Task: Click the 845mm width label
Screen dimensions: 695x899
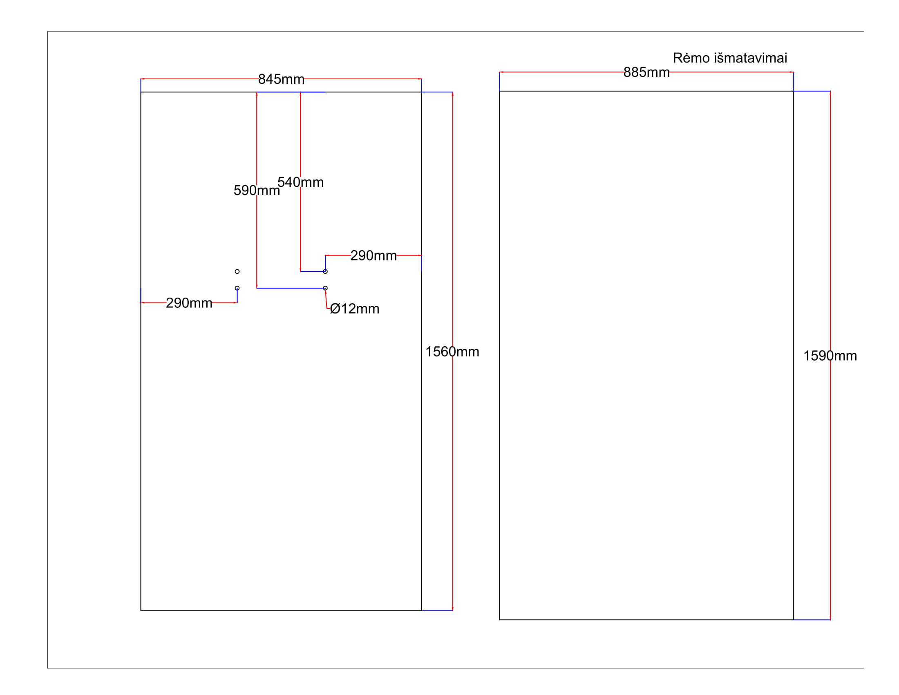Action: [281, 79]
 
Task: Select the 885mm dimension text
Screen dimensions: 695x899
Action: [646, 72]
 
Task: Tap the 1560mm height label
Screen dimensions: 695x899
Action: [452, 352]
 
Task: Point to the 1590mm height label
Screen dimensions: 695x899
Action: [830, 356]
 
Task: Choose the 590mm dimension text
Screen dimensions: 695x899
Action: [257, 191]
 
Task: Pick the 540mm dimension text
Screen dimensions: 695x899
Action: [300, 182]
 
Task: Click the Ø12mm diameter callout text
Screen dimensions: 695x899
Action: [354, 309]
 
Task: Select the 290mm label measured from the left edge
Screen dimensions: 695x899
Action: [189, 303]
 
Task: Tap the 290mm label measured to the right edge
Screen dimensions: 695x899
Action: [373, 256]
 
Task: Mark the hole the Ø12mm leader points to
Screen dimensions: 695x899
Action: [325, 288]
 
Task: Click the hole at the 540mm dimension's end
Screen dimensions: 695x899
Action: [325, 272]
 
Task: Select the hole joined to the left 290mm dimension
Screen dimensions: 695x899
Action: [237, 288]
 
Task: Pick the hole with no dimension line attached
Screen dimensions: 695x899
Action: [237, 272]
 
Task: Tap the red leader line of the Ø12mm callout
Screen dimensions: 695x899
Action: [327, 300]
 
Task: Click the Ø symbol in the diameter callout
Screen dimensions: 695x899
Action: [335, 309]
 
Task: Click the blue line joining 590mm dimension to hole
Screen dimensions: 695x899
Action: [290, 288]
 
